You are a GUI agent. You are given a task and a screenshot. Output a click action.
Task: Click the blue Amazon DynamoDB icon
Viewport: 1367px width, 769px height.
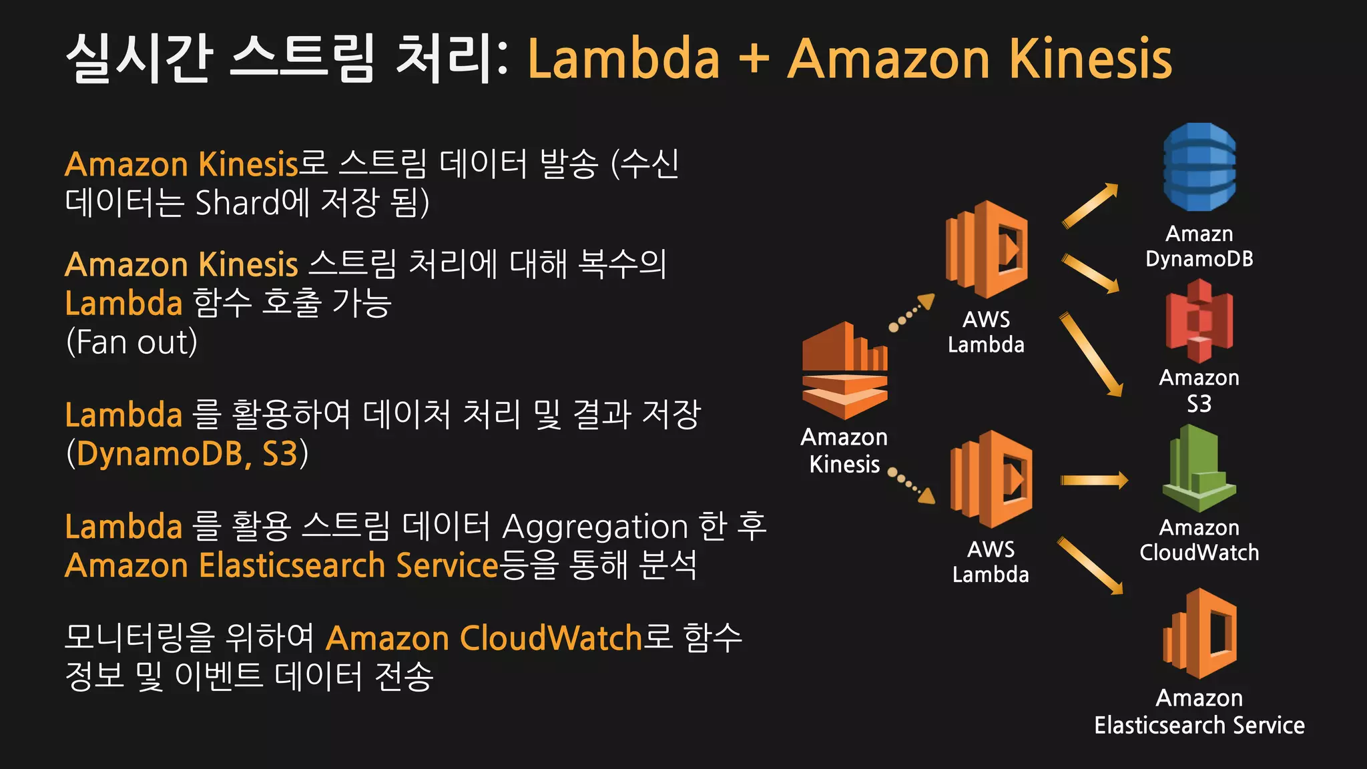pos(1199,167)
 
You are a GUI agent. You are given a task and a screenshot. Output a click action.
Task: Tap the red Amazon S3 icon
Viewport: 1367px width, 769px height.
pos(1199,320)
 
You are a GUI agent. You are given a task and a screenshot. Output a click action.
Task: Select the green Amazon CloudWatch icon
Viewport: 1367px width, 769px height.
pos(1199,469)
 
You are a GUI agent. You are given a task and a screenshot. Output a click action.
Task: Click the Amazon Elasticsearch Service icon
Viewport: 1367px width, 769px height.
pos(1199,633)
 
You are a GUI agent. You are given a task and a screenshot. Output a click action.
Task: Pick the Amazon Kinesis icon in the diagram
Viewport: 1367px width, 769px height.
pos(844,370)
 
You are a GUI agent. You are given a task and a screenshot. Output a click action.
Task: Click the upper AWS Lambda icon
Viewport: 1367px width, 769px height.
pos(987,249)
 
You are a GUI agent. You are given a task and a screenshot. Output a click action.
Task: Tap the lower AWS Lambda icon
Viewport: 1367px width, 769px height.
pos(991,479)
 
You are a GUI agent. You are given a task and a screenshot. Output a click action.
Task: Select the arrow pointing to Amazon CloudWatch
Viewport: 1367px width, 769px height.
pos(1093,480)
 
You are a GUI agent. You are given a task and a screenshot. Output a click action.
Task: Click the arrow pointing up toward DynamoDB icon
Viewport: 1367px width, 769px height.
pos(1089,206)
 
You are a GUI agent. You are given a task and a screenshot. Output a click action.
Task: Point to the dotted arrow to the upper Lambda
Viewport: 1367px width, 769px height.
pos(912,313)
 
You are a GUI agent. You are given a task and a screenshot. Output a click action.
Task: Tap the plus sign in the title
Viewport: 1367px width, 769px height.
pos(754,59)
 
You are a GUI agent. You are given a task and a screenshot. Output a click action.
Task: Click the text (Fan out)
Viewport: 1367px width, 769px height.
pos(131,342)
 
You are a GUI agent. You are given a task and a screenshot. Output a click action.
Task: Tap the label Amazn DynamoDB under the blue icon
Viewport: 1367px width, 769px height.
pos(1199,246)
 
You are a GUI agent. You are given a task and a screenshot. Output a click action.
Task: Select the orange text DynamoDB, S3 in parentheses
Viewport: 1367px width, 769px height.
pos(187,454)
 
